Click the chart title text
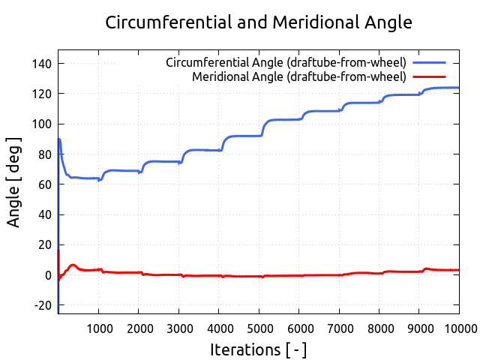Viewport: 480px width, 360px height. [259, 22]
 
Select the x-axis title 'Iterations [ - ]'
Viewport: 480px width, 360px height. [258, 349]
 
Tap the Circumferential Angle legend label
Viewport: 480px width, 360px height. [286, 61]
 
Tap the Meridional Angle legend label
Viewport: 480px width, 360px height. [298, 76]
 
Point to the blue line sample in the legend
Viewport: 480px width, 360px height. [429, 61]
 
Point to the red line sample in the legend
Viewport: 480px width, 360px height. [429, 76]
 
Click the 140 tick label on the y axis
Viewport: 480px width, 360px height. [42, 64]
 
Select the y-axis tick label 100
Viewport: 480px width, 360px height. [42, 124]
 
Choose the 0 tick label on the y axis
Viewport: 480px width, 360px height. [47, 275]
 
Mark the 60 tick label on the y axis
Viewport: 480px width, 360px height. [44, 184]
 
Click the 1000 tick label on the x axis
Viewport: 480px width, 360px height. [98, 328]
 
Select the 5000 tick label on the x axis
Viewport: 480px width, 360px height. [259, 328]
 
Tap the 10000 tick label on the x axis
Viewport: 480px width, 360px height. [458, 328]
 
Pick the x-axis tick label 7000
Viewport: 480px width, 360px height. [339, 328]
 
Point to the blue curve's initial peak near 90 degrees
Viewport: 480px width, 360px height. [59, 139]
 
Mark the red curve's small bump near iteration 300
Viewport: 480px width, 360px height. [72, 265]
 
